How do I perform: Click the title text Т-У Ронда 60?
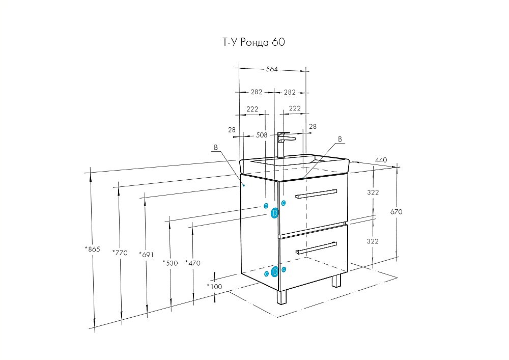(253, 43)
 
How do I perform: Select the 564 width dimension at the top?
(272, 69)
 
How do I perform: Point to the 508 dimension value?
(262, 135)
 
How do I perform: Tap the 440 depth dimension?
(381, 160)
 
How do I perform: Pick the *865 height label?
(92, 249)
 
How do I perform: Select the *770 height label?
(119, 252)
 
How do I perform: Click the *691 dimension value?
(147, 253)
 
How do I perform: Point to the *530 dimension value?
(170, 263)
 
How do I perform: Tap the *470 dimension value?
(193, 263)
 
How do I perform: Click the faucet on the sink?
(284, 144)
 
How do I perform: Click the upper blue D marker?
(274, 213)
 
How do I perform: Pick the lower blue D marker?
(274, 271)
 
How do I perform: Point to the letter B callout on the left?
(215, 148)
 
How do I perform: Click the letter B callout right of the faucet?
(340, 139)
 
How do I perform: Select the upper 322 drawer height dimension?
(373, 192)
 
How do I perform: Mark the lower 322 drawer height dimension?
(373, 241)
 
